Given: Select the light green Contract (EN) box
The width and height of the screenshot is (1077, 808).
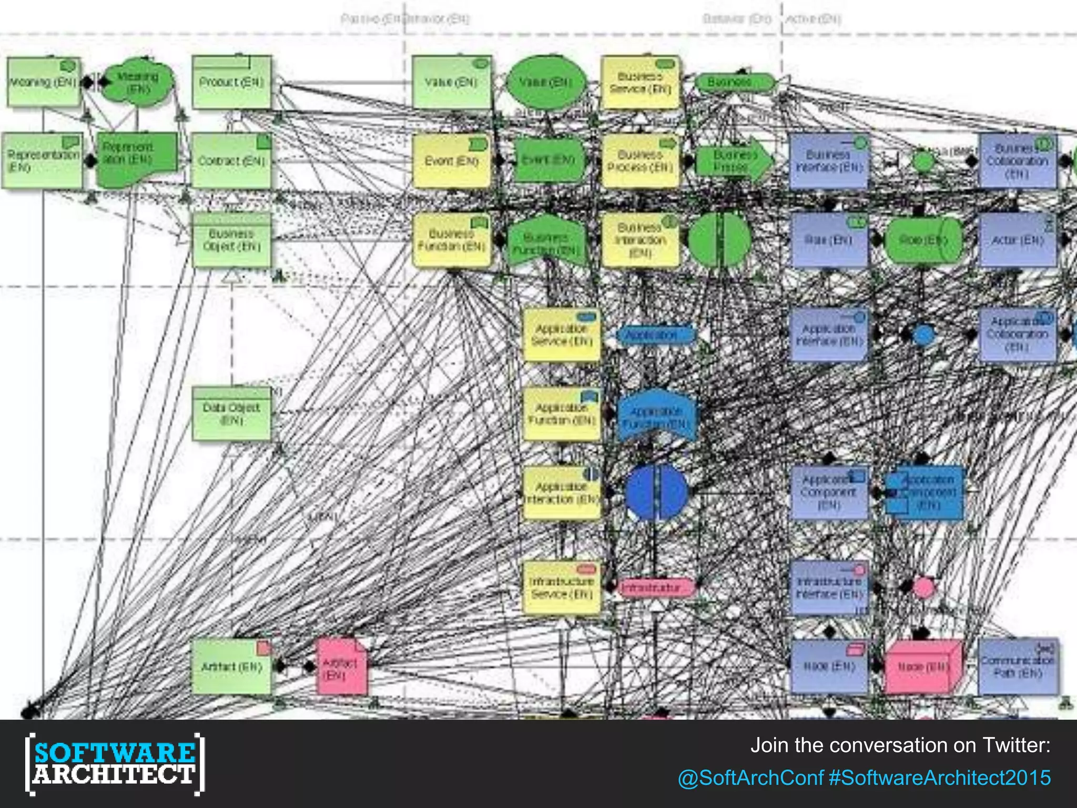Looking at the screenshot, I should pos(232,161).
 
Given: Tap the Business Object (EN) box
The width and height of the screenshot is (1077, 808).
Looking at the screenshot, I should pos(232,240).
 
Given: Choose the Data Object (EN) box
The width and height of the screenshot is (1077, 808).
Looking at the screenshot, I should pos(232,415).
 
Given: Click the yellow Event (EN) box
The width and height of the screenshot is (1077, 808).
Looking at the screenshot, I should pos(452,161).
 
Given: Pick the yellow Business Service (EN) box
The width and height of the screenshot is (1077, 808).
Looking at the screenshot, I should pos(640,83).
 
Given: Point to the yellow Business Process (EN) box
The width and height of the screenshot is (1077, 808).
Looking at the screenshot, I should pos(640,161).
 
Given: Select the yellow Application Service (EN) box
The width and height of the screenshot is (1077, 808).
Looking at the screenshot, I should pos(562,335).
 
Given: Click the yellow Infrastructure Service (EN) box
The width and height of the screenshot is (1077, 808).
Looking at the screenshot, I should pos(562,588).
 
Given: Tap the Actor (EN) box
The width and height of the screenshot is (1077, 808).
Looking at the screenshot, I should pos(1017,240).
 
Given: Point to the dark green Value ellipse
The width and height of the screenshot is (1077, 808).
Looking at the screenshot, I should pos(546,83).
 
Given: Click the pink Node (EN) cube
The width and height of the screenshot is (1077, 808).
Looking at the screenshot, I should pos(923,667).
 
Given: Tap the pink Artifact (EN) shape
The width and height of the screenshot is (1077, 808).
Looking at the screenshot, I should pos(341,667).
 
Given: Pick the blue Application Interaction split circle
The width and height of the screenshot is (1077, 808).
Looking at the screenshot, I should pos(656,492).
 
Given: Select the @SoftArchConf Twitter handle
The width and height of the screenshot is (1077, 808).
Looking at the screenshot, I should pos(750,777).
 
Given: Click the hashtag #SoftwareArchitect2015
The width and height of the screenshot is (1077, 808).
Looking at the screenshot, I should pos(940,777).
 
